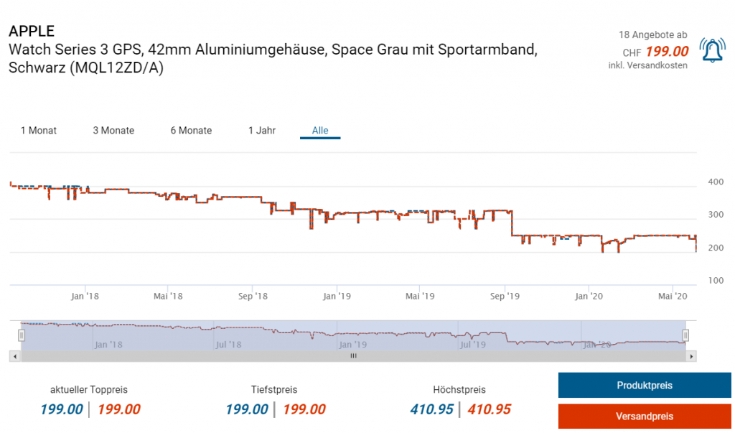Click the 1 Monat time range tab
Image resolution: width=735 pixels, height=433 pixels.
(x=39, y=131)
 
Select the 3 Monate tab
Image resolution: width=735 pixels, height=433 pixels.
(x=113, y=131)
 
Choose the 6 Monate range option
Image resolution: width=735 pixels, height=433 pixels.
(x=191, y=131)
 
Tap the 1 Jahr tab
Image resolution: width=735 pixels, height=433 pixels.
(x=262, y=131)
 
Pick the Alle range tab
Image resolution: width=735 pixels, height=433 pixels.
(x=320, y=131)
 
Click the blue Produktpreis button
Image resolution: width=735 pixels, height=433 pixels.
(x=645, y=386)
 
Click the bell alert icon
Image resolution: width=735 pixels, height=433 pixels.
(x=712, y=50)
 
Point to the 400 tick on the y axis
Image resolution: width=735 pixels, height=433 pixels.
(x=716, y=182)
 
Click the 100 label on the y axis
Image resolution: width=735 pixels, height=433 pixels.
(x=716, y=280)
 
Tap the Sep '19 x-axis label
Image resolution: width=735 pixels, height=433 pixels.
(x=505, y=296)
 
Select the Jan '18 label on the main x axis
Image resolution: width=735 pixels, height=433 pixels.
(x=85, y=296)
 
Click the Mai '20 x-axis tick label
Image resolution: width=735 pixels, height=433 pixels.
(x=673, y=296)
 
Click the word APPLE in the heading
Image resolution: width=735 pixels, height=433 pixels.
(x=31, y=32)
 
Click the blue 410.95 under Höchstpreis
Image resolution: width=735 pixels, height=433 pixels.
(x=431, y=409)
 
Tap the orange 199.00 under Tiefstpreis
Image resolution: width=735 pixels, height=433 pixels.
(x=304, y=409)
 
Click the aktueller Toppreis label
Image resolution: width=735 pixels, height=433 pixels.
(x=89, y=390)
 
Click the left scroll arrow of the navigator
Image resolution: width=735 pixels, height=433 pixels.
(x=14, y=355)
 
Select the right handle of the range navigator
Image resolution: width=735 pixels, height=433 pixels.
(x=685, y=335)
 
